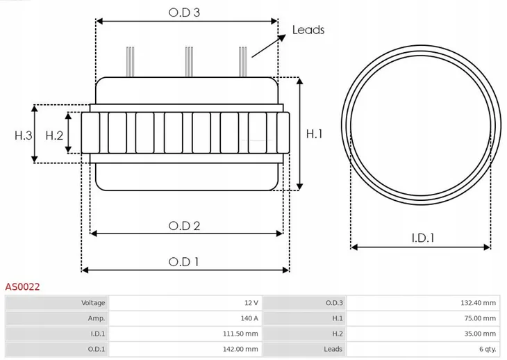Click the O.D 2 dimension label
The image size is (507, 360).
(x=185, y=226)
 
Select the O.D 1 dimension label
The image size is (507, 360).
(x=184, y=261)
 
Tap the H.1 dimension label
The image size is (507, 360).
(x=314, y=134)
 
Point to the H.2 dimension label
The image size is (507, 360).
(x=54, y=136)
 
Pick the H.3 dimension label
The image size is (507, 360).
(x=24, y=136)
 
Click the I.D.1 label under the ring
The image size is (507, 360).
(x=422, y=238)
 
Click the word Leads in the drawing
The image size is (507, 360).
(x=308, y=30)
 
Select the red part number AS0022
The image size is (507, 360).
(x=23, y=286)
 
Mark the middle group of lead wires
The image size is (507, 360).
(x=188, y=61)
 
